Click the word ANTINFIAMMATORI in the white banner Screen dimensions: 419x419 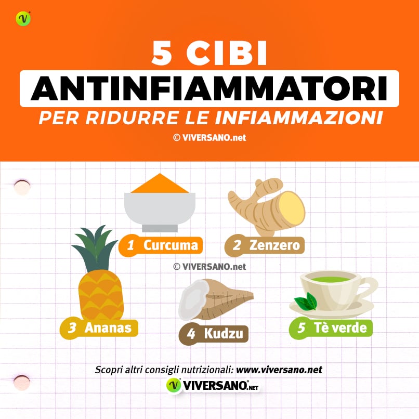[x=209, y=88]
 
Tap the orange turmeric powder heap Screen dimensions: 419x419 [x=160, y=185]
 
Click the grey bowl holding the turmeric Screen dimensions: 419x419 [x=160, y=208]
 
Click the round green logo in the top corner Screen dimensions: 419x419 [x=23, y=19]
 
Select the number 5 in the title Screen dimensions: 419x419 [x=162, y=54]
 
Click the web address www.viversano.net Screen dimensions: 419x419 [x=279, y=370]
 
